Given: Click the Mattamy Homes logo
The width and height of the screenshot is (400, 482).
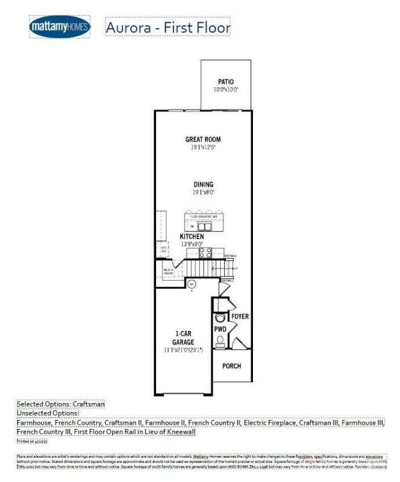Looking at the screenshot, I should [x=60, y=27].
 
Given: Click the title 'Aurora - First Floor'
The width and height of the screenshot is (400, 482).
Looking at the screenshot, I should [x=167, y=27].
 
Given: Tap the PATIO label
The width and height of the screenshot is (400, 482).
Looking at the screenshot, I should [x=226, y=82].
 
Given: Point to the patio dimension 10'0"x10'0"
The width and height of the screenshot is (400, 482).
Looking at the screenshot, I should [x=226, y=89].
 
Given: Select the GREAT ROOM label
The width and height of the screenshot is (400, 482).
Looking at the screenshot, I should [x=202, y=139].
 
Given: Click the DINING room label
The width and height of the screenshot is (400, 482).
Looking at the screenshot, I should [x=203, y=184].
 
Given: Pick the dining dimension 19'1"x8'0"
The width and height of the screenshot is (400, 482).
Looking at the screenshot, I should [x=203, y=192].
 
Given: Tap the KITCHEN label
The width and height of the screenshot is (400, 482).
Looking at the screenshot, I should [x=192, y=237].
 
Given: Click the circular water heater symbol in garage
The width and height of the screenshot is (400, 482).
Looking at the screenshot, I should [x=192, y=283].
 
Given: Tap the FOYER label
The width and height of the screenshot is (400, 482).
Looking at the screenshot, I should [x=240, y=316].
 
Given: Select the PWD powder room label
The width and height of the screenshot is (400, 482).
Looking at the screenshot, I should [x=220, y=330].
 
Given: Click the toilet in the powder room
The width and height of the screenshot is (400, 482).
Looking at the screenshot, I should [x=220, y=342].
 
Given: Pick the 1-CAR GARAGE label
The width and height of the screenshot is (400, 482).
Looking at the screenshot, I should [x=184, y=337].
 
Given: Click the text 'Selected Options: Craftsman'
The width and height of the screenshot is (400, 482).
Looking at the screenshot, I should [x=61, y=404].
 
